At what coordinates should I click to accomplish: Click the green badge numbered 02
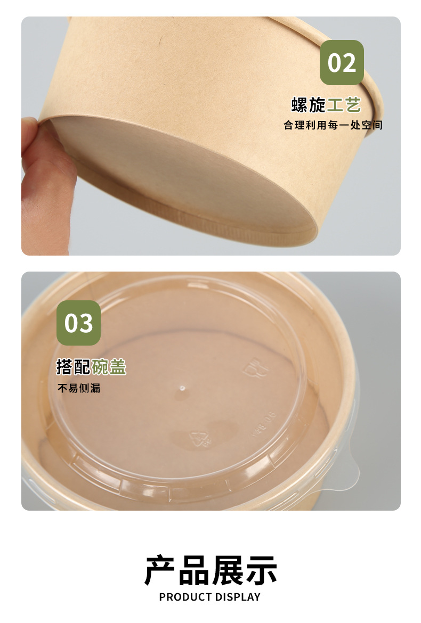pos(342,62)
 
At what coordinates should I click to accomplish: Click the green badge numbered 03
pos(78,323)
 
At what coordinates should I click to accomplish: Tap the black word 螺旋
pos(309,105)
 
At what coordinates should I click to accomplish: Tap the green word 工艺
pos(344,105)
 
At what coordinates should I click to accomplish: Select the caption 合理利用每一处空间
pos(333,126)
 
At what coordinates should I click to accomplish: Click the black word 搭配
pos(74,367)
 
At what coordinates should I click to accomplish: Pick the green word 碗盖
pos(109,367)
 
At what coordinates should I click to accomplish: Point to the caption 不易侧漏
pos(79,388)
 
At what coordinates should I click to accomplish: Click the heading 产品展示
pos(210,570)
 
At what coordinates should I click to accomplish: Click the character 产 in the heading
pos(160,570)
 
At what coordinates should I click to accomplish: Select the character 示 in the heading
pos(261,570)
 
